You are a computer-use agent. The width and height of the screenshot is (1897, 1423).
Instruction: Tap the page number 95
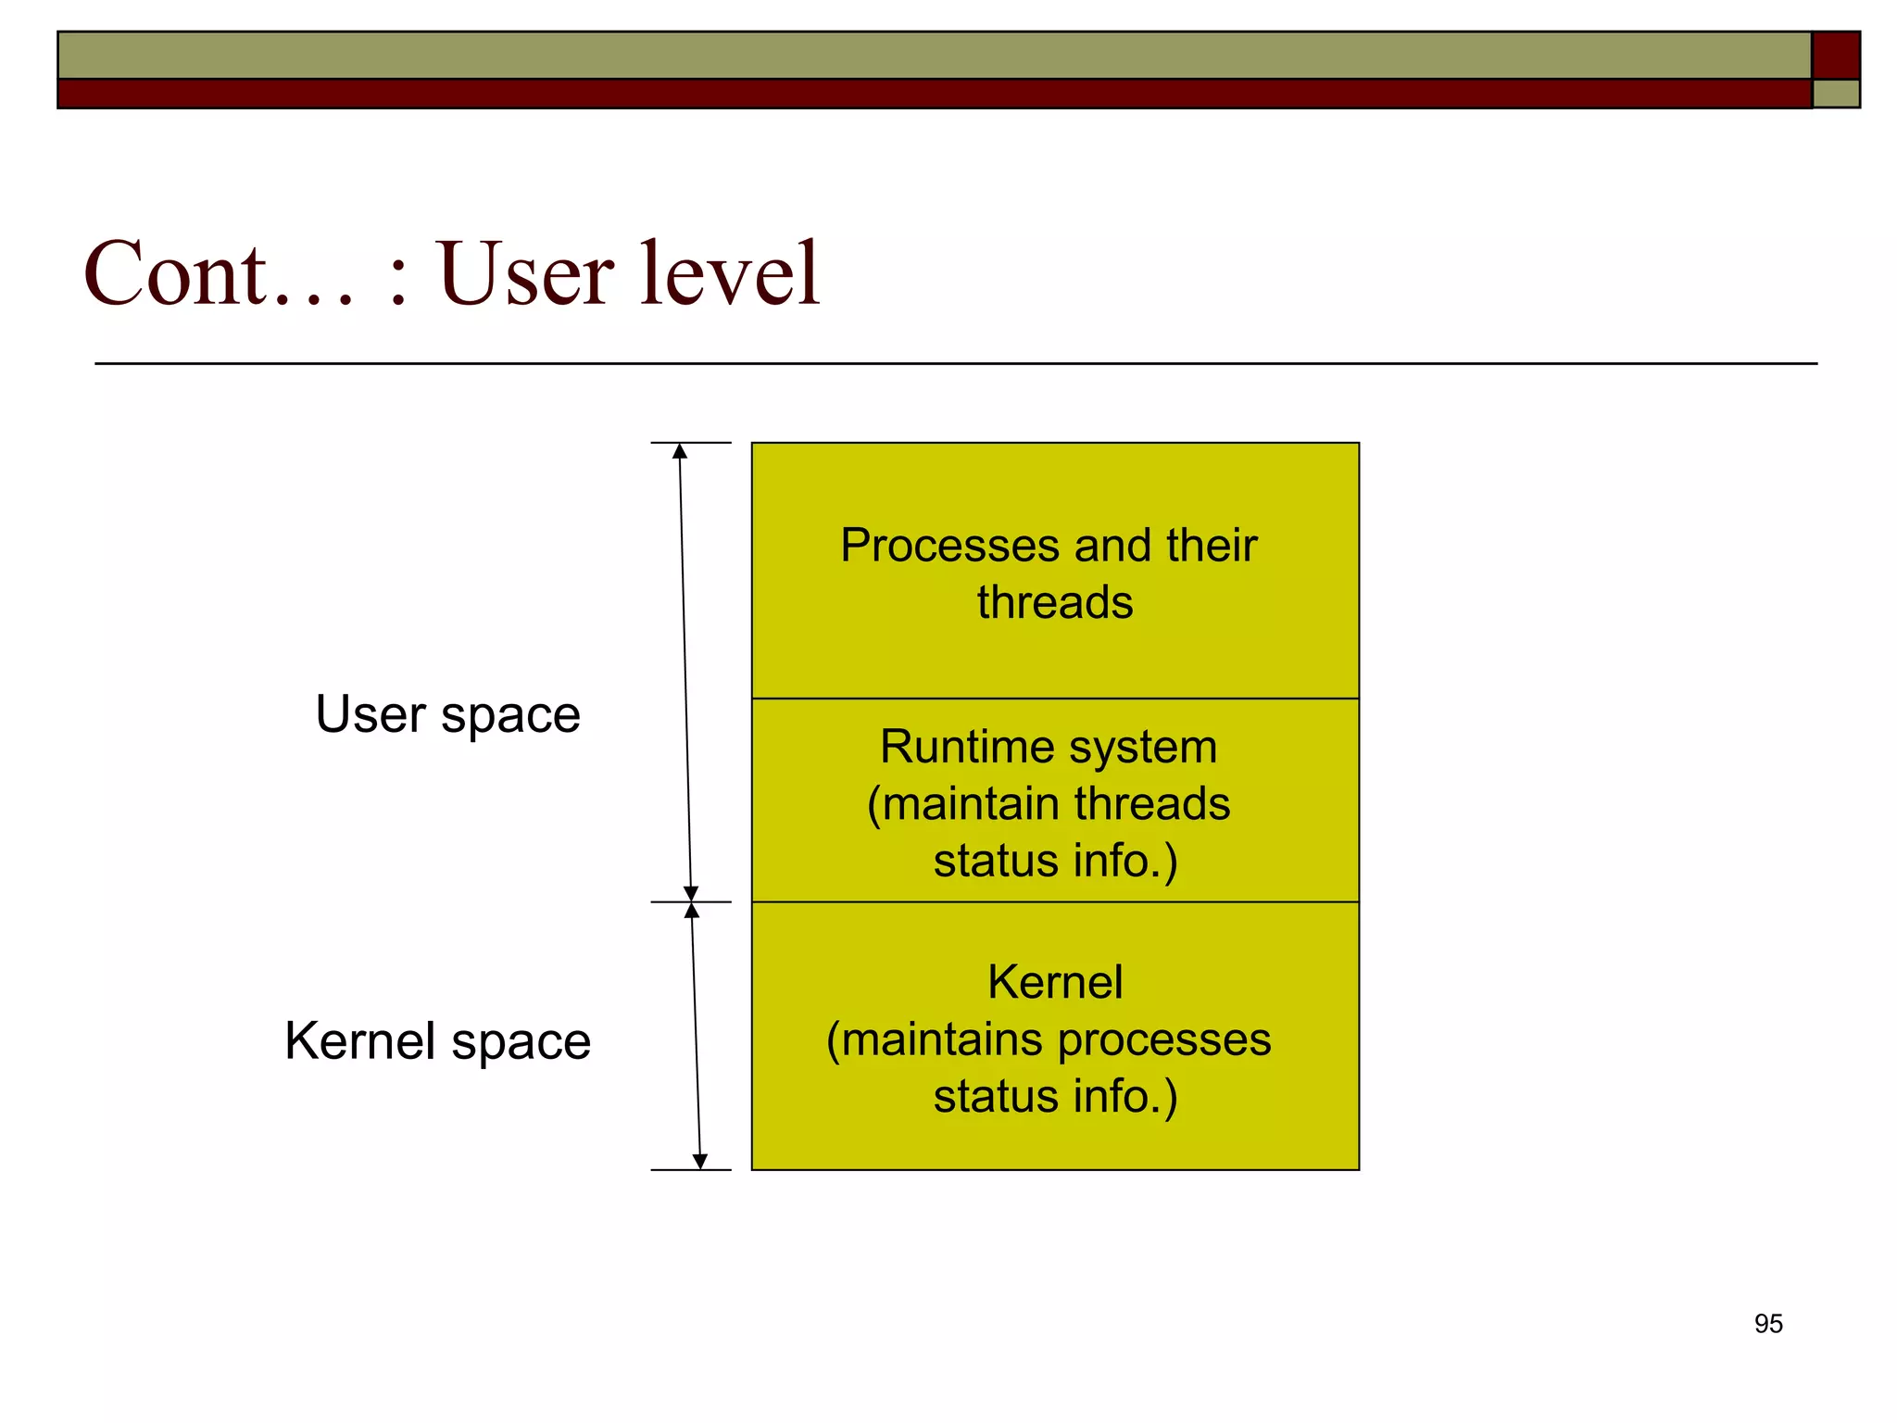pos(1767,1324)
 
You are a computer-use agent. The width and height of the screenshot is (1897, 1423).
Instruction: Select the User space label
pos(447,715)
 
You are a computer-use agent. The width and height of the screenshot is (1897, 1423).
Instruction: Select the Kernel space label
pos(437,1041)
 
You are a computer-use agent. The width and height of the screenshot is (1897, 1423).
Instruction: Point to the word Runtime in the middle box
pos(968,747)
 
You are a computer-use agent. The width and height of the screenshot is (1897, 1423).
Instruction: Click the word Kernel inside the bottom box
pos(1055,982)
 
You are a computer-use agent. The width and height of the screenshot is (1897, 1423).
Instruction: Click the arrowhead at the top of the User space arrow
pos(680,451)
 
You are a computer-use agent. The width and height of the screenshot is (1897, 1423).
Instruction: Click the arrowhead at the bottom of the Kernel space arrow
pos(700,1162)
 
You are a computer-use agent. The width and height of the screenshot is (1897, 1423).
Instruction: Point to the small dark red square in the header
pos(1836,55)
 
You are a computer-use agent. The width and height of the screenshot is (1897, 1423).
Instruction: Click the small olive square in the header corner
pos(1836,94)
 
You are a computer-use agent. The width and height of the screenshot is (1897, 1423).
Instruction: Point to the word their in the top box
pos(1212,546)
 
